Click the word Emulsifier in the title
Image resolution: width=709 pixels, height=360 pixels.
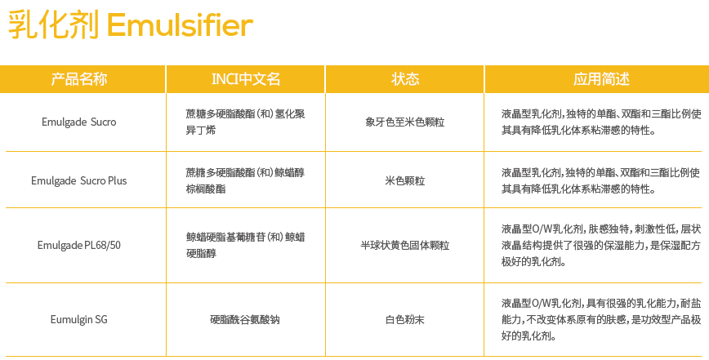pyautogui.click(x=180, y=26)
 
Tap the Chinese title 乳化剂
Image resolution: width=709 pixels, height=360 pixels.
pyautogui.click(x=53, y=26)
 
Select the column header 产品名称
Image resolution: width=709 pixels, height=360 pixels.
pyautogui.click(x=79, y=79)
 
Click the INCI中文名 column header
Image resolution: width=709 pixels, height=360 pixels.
pyautogui.click(x=246, y=79)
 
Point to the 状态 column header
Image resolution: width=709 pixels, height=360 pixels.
pyautogui.click(x=405, y=79)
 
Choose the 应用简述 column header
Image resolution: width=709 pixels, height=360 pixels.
pyautogui.click(x=601, y=79)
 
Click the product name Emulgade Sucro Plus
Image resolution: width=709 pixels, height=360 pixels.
pyautogui.click(x=78, y=180)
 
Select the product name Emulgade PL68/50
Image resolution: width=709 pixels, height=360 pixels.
pyautogui.click(x=78, y=245)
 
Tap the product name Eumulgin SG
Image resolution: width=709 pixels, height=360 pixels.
pyautogui.click(x=78, y=319)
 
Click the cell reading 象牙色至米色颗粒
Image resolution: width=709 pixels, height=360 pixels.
pyautogui.click(x=405, y=122)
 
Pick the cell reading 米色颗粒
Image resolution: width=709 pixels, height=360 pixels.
pyautogui.click(x=405, y=180)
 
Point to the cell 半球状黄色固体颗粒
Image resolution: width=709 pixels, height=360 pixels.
pyautogui.click(x=405, y=245)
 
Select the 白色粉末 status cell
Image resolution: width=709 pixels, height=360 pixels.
pyautogui.click(x=405, y=319)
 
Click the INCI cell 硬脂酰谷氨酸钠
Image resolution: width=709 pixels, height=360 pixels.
pyautogui.click(x=245, y=319)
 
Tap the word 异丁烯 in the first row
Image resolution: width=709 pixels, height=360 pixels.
pyautogui.click(x=201, y=131)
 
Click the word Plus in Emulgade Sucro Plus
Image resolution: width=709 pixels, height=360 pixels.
pyautogui.click(x=117, y=180)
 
